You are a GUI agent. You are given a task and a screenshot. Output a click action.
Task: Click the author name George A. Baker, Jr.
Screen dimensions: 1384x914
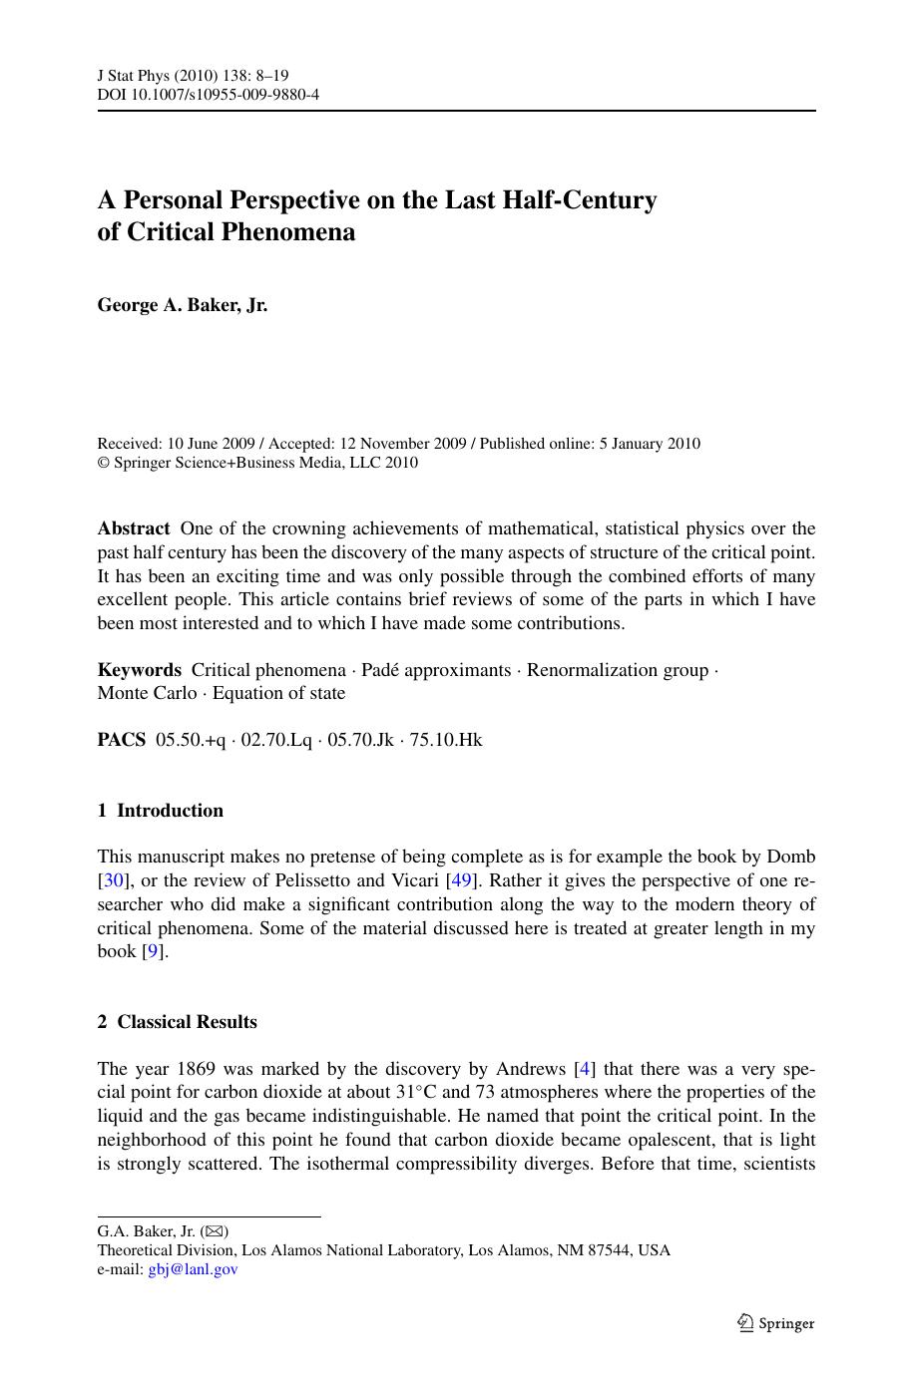click(182, 305)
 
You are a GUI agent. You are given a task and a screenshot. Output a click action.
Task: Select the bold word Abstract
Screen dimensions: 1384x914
click(134, 528)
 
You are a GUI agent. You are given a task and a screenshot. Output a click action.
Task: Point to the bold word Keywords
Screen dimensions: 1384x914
click(139, 670)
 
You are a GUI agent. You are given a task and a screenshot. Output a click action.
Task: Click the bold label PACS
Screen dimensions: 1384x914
click(121, 740)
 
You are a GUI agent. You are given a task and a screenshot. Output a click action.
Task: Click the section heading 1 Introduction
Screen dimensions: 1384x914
click(160, 811)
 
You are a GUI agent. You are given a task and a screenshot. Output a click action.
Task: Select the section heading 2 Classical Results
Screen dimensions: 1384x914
click(177, 1022)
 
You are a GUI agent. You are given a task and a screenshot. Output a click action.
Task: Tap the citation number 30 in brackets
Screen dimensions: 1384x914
click(110, 880)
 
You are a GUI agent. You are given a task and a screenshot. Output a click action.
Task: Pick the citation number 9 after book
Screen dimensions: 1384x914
click(153, 951)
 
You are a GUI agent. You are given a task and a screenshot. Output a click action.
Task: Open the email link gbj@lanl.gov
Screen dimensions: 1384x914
click(193, 1269)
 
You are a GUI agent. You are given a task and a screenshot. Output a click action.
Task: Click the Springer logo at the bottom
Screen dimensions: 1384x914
click(775, 1323)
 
